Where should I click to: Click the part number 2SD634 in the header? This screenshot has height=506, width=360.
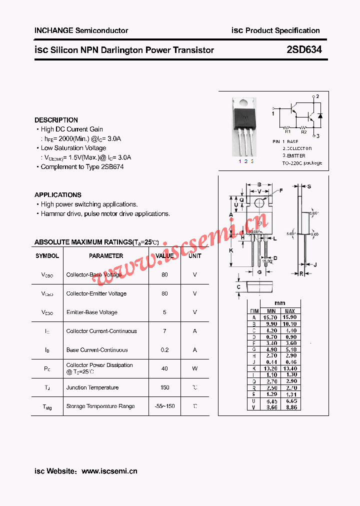point(304,49)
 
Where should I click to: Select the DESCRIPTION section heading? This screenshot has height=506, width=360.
point(56,120)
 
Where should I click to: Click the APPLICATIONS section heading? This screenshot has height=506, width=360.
point(57,195)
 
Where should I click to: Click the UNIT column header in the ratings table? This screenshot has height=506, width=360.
point(194,256)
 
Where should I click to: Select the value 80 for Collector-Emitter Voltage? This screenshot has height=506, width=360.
point(164,293)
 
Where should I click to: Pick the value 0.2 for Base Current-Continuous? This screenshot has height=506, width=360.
point(164,350)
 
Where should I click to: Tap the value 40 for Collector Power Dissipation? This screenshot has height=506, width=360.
point(164,368)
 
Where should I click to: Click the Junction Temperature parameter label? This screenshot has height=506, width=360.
point(92,387)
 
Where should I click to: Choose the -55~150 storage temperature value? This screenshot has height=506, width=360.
point(164,406)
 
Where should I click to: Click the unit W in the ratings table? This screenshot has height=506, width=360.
point(194,368)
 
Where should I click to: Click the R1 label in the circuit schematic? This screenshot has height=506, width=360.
point(288,132)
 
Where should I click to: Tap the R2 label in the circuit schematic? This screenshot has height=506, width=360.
point(303,132)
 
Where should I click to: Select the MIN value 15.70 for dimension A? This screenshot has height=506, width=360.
point(271,317)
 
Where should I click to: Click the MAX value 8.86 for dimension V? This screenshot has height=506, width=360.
point(289,407)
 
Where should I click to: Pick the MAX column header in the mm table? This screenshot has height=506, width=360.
point(289,311)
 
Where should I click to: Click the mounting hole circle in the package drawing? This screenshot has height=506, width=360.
point(258,203)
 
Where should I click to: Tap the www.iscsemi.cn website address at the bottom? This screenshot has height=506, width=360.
point(109,471)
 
